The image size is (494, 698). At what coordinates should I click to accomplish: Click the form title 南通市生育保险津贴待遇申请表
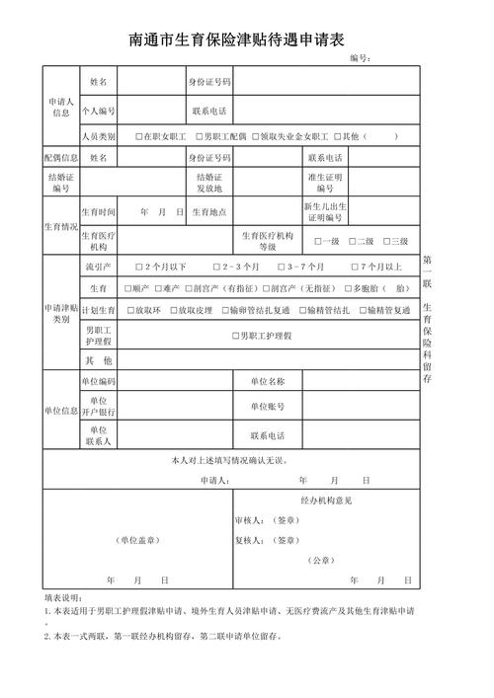[236, 40]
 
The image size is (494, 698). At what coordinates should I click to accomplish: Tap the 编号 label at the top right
[360, 59]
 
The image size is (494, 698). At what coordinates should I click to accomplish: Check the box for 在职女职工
[139, 136]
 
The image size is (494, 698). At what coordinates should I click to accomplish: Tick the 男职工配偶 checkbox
[199, 136]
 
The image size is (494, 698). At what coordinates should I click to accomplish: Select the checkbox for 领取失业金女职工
[256, 136]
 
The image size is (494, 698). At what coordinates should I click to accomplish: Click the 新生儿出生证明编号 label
[325, 212]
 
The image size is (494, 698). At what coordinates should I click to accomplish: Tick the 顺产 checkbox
[125, 288]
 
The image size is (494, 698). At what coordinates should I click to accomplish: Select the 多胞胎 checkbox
[348, 288]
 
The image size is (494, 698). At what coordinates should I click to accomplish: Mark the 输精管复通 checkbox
[365, 310]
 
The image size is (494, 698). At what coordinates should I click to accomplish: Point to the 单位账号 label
[267, 407]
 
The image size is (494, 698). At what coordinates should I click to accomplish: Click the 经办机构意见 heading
[326, 501]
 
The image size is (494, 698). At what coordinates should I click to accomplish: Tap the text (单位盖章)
[138, 540]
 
